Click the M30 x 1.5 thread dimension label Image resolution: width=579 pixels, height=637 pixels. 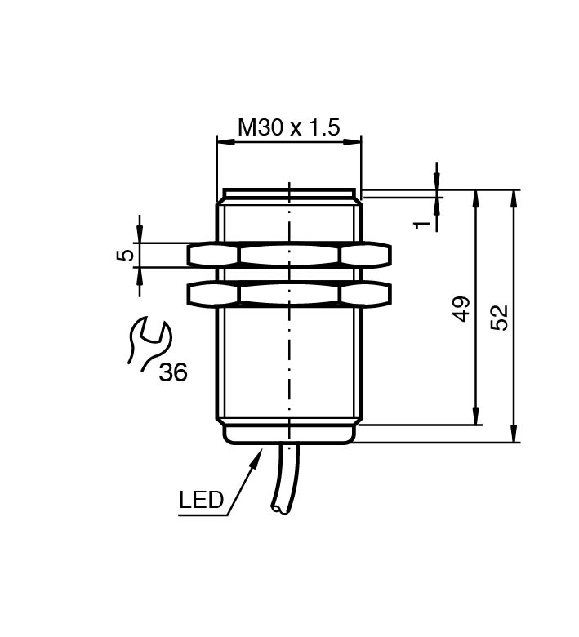[288, 127]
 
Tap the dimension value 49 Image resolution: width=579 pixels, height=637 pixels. [462, 309]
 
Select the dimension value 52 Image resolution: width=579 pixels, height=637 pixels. [499, 318]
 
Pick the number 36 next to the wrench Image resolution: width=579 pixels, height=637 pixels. [173, 372]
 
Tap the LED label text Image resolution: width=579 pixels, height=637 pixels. [202, 500]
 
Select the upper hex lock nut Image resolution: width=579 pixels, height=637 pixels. [289, 256]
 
